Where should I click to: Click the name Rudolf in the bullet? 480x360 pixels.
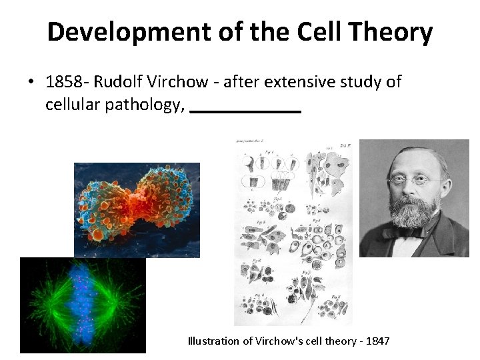point(117,82)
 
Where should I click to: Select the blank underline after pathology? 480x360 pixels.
point(245,111)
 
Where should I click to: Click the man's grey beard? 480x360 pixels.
point(413,213)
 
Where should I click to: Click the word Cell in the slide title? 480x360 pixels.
point(301,31)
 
